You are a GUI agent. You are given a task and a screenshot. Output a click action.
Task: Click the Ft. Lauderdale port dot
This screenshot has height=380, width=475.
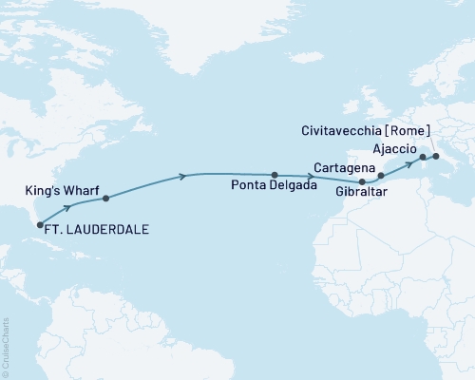[x=40, y=225]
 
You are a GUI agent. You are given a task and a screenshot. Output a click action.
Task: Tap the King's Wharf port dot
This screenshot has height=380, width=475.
[x=105, y=199]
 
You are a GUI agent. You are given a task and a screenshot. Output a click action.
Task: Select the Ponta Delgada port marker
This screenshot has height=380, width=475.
[x=275, y=175]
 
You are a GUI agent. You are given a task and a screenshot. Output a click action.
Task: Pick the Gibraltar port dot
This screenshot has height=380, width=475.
[x=362, y=182]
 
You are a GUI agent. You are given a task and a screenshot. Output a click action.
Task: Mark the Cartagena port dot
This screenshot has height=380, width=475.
[x=381, y=176]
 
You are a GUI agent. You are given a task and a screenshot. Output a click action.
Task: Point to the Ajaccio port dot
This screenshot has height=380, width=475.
[x=423, y=157]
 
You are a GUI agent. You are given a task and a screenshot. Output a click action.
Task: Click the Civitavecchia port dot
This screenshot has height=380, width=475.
[x=435, y=157]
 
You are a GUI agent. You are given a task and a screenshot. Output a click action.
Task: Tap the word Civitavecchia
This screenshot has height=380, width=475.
[x=356, y=130]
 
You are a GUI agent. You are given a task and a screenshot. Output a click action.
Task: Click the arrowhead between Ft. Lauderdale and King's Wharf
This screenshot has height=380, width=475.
[x=67, y=206]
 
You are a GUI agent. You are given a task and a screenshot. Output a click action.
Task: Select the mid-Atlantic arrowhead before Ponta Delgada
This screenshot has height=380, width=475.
[x=181, y=176]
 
